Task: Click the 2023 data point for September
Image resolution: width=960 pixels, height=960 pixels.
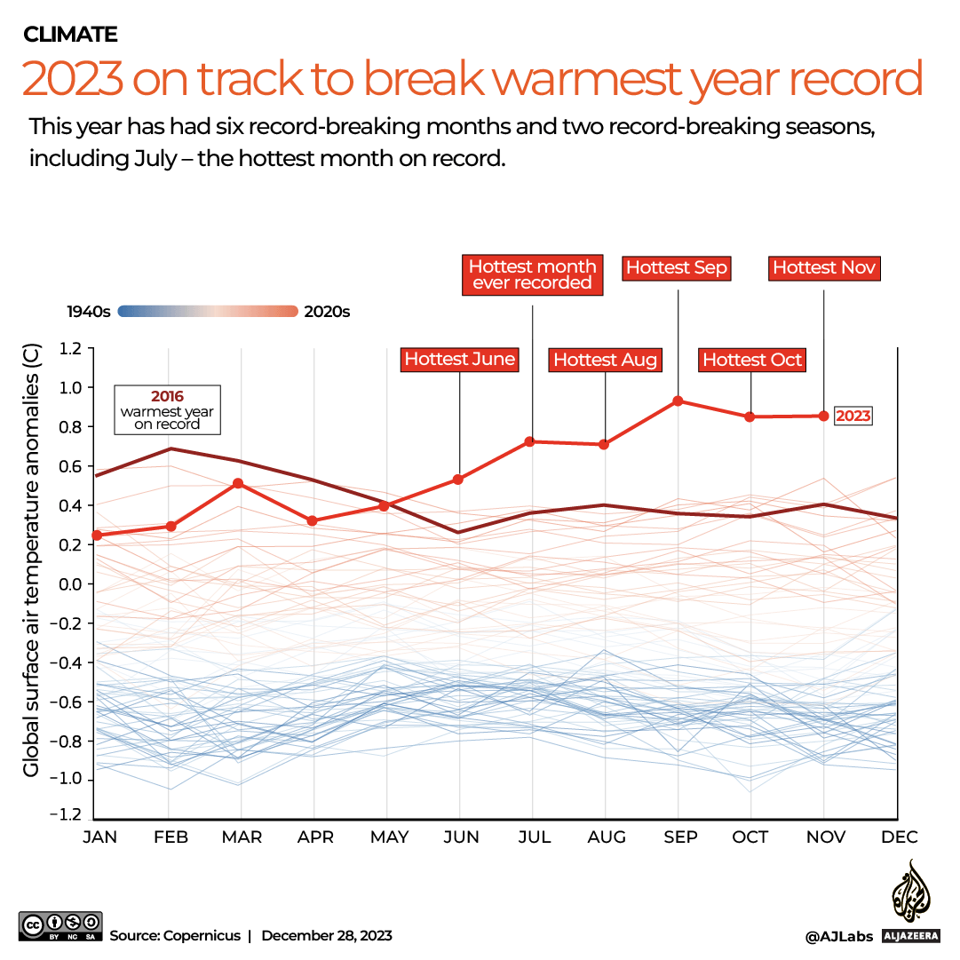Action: (678, 401)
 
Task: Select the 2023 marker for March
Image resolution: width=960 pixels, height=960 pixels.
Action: (238, 483)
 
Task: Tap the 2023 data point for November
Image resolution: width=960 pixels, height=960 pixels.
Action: (824, 416)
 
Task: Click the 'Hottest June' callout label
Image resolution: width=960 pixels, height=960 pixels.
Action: (459, 359)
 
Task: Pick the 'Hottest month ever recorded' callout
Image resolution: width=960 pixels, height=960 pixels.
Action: (532, 274)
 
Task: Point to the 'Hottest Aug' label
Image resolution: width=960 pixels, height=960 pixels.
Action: (605, 360)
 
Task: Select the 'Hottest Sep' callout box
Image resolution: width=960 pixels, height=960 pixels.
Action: (677, 267)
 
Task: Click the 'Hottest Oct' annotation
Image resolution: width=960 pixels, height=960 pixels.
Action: (751, 360)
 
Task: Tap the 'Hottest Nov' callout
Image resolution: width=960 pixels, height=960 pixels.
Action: (824, 267)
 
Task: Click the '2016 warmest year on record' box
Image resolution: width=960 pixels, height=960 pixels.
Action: (167, 409)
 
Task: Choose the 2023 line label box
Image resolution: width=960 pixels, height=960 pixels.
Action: (853, 416)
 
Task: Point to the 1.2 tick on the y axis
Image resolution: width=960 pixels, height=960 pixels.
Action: (70, 349)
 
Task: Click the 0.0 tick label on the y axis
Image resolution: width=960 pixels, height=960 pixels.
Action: (70, 584)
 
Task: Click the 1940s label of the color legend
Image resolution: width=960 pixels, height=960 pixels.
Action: (89, 312)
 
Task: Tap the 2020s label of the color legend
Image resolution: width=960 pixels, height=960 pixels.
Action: (327, 312)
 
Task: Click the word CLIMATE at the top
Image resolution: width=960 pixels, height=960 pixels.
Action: (71, 35)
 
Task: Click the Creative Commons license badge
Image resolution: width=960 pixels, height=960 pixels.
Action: (60, 927)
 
